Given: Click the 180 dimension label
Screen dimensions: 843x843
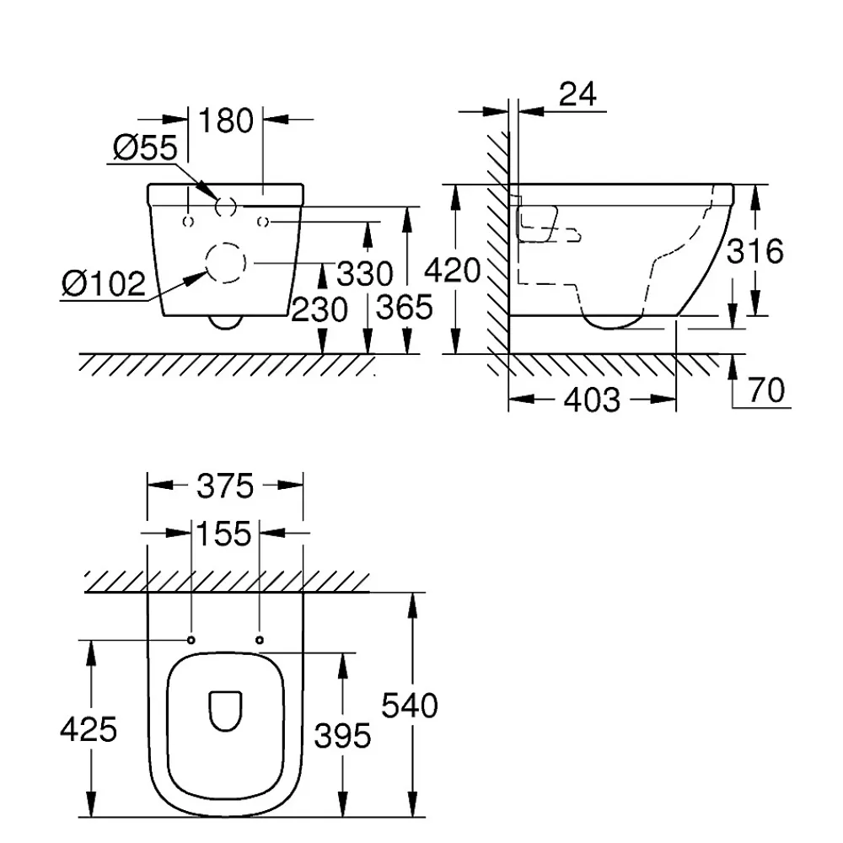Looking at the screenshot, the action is click(226, 121).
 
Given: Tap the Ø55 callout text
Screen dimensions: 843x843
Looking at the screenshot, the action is click(145, 148).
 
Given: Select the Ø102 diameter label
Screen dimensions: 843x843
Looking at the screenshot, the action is click(104, 283).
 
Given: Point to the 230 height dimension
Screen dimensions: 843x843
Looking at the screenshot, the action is click(319, 310).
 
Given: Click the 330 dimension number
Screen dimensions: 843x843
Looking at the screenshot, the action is click(364, 274).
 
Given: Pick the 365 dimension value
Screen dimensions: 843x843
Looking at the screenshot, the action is click(405, 308).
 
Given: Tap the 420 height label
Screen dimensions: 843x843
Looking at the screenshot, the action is click(452, 270).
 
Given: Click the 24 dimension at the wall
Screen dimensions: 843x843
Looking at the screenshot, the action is click(577, 94).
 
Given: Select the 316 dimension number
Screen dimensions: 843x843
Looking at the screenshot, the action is click(754, 251).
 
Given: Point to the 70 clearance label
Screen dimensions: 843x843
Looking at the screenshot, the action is click(766, 390).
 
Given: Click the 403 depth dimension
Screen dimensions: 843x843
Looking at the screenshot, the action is click(592, 400).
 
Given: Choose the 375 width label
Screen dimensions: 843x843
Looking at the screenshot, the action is click(225, 486).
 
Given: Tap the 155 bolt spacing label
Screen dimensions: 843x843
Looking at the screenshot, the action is click(223, 534).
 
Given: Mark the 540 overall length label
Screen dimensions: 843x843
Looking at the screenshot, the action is click(410, 706).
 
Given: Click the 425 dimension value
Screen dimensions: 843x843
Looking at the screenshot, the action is click(89, 729).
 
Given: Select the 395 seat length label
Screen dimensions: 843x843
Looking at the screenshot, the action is click(342, 735).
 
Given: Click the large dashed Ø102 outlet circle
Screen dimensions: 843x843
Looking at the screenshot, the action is click(206, 263).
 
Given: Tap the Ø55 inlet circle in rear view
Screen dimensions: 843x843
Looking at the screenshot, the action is click(216, 207).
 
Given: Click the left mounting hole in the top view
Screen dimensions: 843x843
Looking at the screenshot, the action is click(191, 640).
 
